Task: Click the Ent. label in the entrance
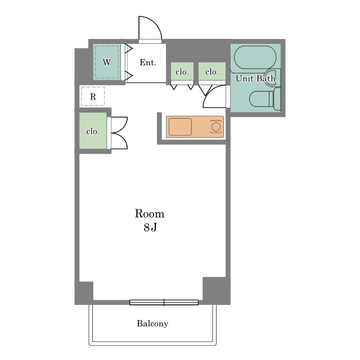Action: pyautogui.click(x=148, y=62)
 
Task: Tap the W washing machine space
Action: pyautogui.click(x=107, y=62)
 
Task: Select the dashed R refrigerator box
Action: pyautogui.click(x=93, y=96)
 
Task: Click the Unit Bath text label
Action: pyautogui.click(x=255, y=79)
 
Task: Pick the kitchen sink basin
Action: pyautogui.click(x=180, y=127)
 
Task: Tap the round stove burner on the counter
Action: pyautogui.click(x=216, y=127)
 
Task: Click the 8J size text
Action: pyautogui.click(x=150, y=227)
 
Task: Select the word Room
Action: pyautogui.click(x=150, y=214)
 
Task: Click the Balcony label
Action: pyautogui.click(x=152, y=323)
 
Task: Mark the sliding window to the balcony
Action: pyautogui.click(x=164, y=303)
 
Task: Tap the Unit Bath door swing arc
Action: pyautogui.click(x=210, y=92)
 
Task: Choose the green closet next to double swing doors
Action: pyautogui.click(x=93, y=130)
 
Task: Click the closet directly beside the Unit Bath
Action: pyautogui.click(x=212, y=71)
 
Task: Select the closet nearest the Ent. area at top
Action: pyautogui.click(x=182, y=71)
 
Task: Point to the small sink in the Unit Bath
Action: pyautogui.click(x=271, y=78)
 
